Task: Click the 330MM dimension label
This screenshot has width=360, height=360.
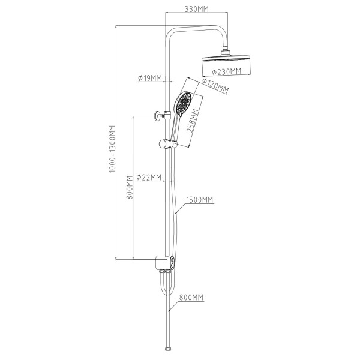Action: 197,9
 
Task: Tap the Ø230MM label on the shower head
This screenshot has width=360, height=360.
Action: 227,71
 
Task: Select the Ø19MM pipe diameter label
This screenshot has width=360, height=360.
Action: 150,78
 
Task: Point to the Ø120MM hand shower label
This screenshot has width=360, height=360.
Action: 215,86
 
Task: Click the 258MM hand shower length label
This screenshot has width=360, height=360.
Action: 193,121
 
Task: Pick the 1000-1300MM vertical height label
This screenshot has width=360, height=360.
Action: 112,149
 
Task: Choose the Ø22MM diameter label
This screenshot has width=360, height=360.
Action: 149,177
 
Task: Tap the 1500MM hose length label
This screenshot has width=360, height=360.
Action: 200,200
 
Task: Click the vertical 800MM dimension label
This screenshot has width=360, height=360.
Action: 130,188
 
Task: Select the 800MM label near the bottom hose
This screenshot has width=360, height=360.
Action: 191,298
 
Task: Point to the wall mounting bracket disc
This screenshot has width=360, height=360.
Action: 157,116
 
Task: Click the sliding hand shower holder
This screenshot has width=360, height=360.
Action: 167,144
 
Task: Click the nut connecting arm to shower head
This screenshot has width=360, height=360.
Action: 226,49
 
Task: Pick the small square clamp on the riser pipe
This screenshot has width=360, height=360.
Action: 167,115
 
